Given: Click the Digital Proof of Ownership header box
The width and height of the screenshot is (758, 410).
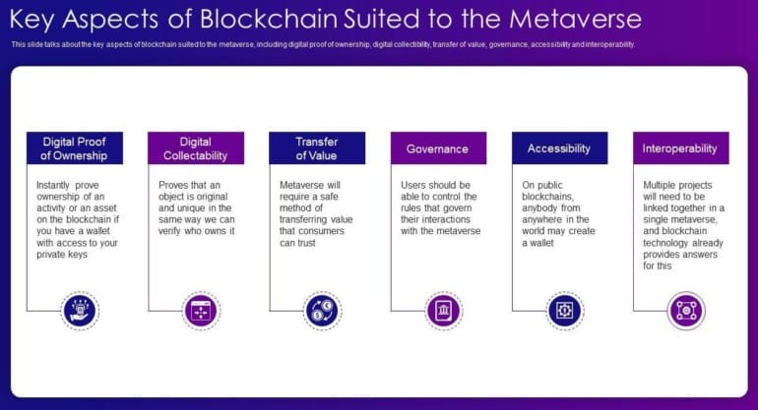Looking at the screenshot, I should click(75, 148).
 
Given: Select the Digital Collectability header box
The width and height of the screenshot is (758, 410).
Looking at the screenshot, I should click(195, 148).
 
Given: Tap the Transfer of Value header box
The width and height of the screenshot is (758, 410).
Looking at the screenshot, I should click(317, 148).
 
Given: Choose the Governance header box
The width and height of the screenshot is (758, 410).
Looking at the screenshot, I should click(438, 148).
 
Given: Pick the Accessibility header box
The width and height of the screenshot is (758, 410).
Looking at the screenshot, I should click(559, 148).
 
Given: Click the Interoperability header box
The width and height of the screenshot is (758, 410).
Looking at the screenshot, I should click(680, 148).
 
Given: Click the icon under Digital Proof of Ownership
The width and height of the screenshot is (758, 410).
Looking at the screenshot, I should click(80, 311).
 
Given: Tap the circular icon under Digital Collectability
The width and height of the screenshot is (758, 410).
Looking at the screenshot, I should click(201, 311).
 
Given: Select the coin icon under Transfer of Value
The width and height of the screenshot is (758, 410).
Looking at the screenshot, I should click(322, 311).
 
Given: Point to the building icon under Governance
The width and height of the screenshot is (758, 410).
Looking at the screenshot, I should click(443, 311).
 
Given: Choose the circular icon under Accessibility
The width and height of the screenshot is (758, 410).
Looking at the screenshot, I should click(565, 311).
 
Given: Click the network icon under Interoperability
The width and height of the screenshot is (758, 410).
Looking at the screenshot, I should click(685, 311).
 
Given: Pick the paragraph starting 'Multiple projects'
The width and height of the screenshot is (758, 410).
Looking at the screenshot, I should click(683, 225).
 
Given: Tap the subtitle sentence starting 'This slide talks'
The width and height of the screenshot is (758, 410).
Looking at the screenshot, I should click(323, 45).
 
